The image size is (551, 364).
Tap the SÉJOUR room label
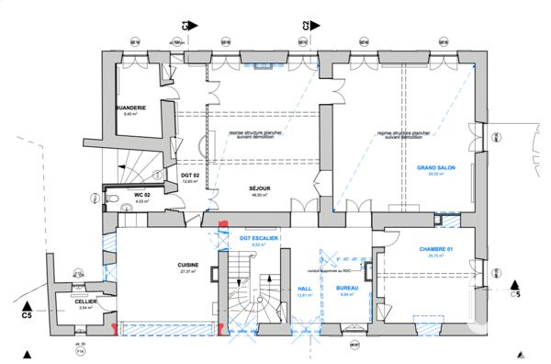[258, 188]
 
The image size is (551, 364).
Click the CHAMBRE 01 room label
[436, 251]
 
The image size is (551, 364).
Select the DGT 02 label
[190, 176]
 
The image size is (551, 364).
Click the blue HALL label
[306, 289]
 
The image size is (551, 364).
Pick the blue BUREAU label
[346, 289]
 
